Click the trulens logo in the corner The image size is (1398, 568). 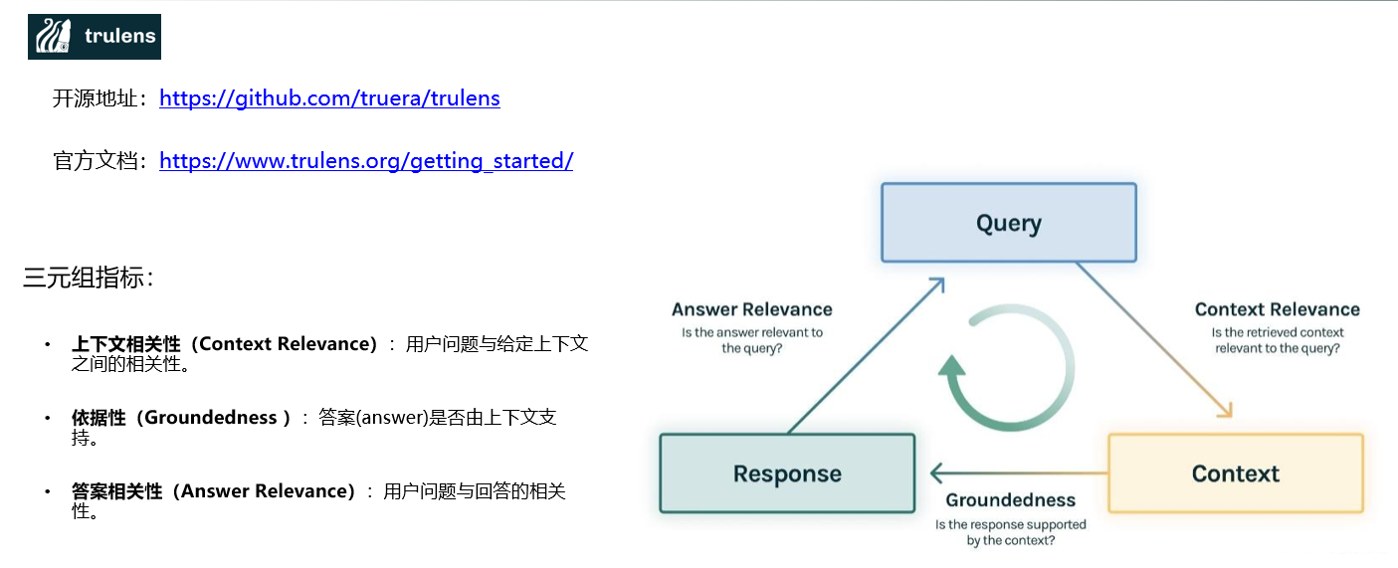click(x=95, y=37)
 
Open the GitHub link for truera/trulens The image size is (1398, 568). click(x=329, y=98)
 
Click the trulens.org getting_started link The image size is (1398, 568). click(x=365, y=161)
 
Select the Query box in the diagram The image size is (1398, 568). click(x=1009, y=223)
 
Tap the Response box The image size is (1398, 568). click(x=787, y=473)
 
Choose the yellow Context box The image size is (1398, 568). click(x=1235, y=473)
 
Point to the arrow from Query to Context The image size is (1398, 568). click(x=1154, y=339)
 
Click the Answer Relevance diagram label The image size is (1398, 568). click(x=751, y=309)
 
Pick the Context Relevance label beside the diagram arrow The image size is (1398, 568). click(x=1277, y=309)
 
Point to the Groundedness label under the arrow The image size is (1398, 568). click(x=1010, y=500)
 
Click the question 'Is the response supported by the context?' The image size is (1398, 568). click(x=1010, y=532)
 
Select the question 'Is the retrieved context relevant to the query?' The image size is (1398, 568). click(x=1277, y=340)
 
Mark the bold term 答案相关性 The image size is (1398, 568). click(x=116, y=491)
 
